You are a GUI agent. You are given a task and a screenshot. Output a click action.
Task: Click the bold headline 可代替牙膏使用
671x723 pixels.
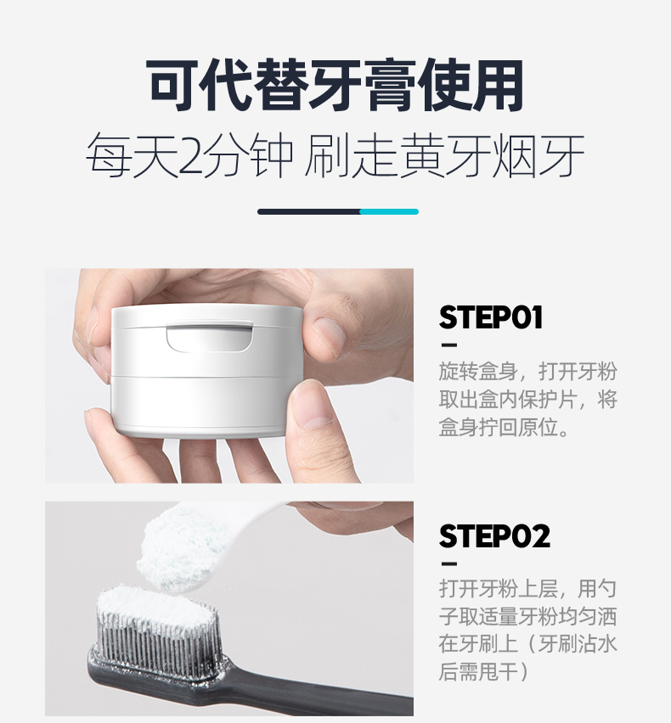tap(335, 85)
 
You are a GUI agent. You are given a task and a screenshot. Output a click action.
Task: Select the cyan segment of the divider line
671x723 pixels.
tap(389, 211)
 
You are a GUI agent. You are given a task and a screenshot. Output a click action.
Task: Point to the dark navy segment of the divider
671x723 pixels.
tap(308, 211)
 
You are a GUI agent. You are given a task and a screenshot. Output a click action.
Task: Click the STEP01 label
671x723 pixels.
tap(490, 317)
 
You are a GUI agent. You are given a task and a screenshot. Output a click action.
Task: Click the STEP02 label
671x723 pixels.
tap(493, 536)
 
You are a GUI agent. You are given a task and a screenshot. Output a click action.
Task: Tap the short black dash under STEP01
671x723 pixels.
tap(448, 345)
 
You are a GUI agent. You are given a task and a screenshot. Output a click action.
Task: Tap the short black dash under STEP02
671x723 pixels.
tap(448, 564)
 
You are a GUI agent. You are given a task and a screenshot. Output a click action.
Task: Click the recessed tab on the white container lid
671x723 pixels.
tap(209, 337)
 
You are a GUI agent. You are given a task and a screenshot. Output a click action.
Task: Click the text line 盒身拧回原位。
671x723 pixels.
tap(504, 427)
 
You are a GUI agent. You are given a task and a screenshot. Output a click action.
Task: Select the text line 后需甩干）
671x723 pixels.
tap(484, 671)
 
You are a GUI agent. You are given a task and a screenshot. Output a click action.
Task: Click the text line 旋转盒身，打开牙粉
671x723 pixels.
tap(527, 372)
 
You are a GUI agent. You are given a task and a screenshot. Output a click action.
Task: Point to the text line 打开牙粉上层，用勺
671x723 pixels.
tap(527, 587)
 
